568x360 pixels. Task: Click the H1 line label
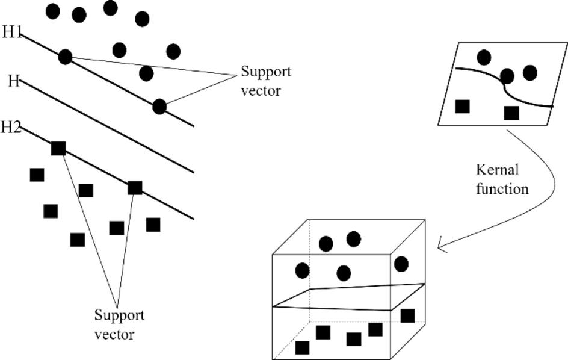pyautogui.click(x=12, y=33)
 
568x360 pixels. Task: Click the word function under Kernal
pyautogui.click(x=502, y=188)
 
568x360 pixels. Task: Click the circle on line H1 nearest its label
pyautogui.click(x=66, y=57)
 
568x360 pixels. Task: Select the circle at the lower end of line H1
pyautogui.click(x=159, y=107)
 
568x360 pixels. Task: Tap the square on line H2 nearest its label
pyautogui.click(x=58, y=148)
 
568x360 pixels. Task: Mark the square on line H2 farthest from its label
pyautogui.click(x=135, y=188)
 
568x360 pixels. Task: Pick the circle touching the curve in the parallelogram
pyautogui.click(x=507, y=76)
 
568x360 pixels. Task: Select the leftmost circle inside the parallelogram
pyautogui.click(x=484, y=58)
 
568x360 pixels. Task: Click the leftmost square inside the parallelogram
pyautogui.click(x=462, y=107)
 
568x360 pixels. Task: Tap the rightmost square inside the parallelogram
pyautogui.click(x=511, y=113)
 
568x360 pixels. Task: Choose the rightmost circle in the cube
pyautogui.click(x=401, y=264)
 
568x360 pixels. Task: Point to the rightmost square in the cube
pyautogui.click(x=407, y=315)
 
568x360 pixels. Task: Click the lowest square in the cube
pyautogui.click(x=302, y=347)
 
